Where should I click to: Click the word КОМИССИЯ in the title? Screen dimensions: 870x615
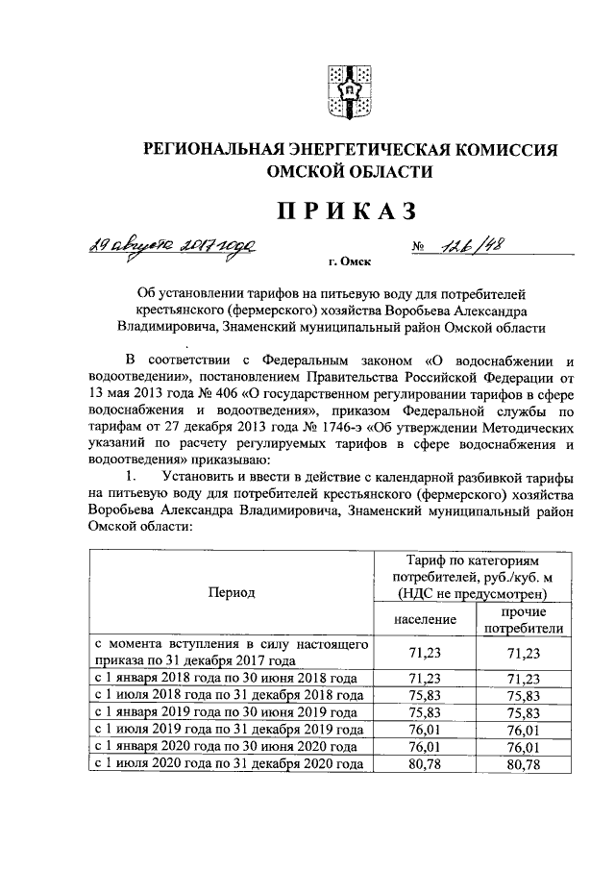point(504,149)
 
